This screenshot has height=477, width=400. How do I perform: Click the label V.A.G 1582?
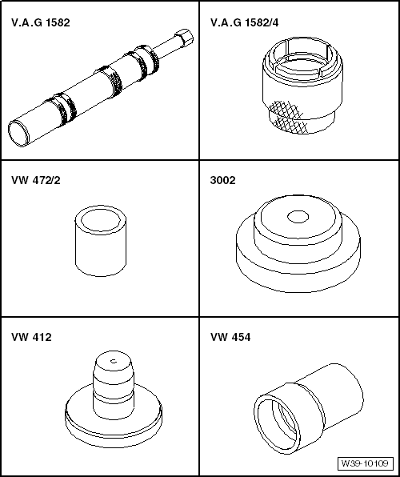[41, 22]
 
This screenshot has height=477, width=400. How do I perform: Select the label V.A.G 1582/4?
[244, 22]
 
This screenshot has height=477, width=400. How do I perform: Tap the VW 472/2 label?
[36, 180]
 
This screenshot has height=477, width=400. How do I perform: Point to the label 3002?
[222, 180]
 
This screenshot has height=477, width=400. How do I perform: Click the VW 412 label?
[31, 337]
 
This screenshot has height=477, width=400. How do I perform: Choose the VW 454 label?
[230, 337]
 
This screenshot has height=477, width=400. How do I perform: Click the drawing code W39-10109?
[365, 463]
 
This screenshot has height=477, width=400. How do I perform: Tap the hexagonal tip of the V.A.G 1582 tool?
[184, 38]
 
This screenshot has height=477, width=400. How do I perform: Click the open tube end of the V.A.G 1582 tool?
[19, 134]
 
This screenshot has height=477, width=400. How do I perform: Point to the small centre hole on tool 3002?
[298, 217]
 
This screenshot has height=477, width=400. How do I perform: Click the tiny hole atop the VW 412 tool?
[114, 361]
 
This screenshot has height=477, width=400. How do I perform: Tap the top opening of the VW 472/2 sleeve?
[101, 218]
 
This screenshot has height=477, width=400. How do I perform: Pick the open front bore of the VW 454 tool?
[277, 424]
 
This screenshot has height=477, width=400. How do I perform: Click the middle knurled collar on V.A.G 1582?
[110, 81]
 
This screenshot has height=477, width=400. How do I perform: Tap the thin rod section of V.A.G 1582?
[166, 49]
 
